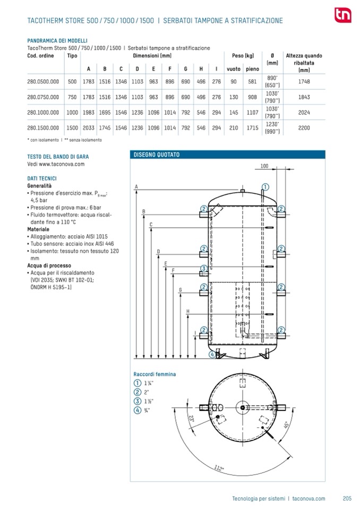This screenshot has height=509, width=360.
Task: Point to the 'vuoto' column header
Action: pyautogui.click(x=234, y=69)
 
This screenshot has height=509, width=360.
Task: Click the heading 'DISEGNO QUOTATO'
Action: pyautogui.click(x=156, y=154)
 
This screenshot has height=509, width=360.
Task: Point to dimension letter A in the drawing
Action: pyautogui.click(x=136, y=187)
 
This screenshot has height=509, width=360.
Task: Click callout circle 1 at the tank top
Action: pyautogui.click(x=265, y=186)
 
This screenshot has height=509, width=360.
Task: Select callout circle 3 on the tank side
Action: pyautogui.click(x=203, y=268)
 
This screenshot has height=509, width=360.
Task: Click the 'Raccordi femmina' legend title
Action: pyautogui.click(x=155, y=374)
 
